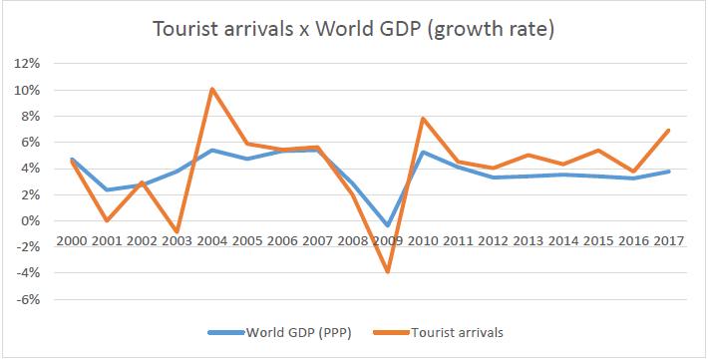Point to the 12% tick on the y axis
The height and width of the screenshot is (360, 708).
point(26,64)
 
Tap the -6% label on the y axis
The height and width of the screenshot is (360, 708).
point(26,299)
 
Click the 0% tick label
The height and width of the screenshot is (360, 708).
point(29,220)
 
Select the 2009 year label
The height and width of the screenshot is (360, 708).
point(387,243)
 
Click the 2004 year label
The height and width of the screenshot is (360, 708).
point(212,243)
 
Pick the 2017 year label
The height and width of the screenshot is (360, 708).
point(666,243)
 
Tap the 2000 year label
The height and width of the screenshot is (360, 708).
point(73,243)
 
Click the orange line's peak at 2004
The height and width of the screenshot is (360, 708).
point(212,89)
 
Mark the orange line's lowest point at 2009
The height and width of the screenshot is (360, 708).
point(387,272)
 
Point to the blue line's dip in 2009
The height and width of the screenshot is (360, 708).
point(387,226)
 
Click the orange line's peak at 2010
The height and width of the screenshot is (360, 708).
point(422,119)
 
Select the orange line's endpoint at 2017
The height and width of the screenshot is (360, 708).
point(666,130)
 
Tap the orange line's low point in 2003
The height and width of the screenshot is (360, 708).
point(177,231)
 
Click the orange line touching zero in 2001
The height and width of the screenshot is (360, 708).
point(108,220)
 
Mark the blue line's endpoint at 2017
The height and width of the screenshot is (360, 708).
point(666,172)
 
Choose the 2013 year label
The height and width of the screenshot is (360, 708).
point(527,243)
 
